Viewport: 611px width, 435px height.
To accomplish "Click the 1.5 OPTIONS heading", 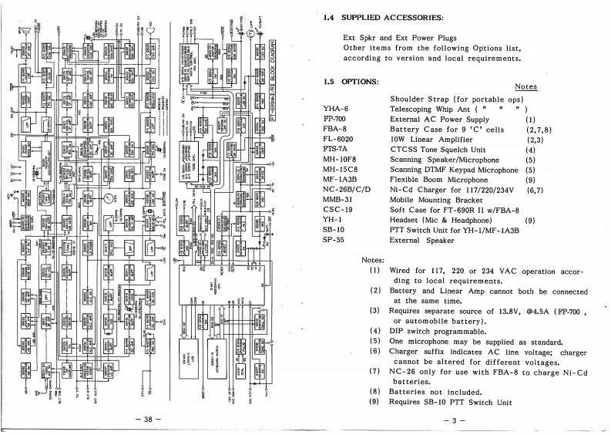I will click(x=351, y=81).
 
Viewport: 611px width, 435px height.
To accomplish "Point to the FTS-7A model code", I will click(x=336, y=150).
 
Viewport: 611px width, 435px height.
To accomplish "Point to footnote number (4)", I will click(x=375, y=331).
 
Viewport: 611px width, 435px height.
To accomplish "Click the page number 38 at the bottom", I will click(x=145, y=420).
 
